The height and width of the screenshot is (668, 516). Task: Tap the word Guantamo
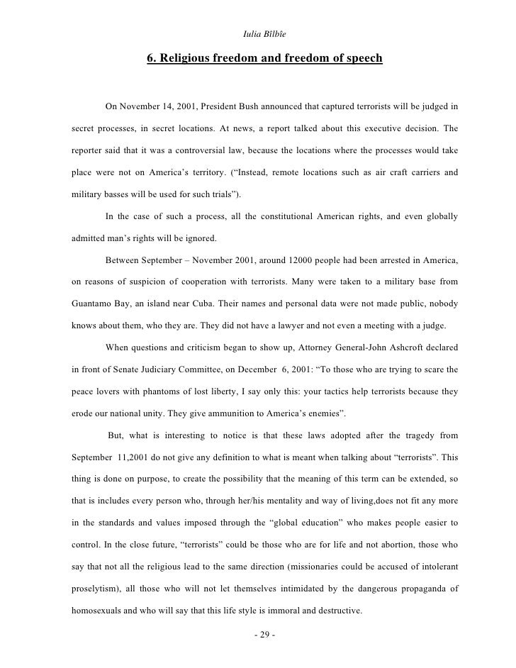point(94,304)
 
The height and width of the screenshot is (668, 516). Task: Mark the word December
point(269,369)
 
